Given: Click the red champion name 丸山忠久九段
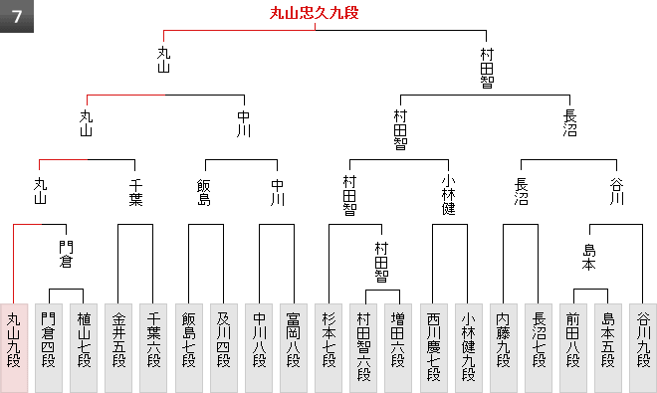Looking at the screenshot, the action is tap(315, 13).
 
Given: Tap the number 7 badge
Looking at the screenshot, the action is tap(17, 16).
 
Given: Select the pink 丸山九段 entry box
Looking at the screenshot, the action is tap(14, 348).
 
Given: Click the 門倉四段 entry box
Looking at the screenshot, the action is tap(49, 348).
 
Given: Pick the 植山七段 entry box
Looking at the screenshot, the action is tap(84, 348).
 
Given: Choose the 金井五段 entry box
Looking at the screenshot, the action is tap(118, 348).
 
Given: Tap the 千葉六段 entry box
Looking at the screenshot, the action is tap(153, 348).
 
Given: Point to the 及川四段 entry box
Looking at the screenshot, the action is tap(224, 348).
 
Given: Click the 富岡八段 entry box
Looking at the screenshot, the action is tap(294, 348).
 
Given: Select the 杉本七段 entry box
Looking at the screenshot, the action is tap(328, 348).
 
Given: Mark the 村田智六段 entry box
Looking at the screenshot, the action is tap(363, 348).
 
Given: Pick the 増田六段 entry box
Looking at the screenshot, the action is tap(398, 348).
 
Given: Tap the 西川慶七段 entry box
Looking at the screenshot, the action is tap(434, 348).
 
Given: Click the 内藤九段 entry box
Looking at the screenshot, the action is tap(504, 348).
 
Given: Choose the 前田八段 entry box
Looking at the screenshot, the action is tap(573, 348).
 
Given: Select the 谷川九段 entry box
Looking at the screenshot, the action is tap(643, 348).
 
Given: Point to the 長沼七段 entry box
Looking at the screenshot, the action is tap(539, 348).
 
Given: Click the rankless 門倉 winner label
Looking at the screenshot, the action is tap(66, 255).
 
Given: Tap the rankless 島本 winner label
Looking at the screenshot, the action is tap(589, 258).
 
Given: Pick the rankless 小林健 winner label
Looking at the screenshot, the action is tap(449, 195).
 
